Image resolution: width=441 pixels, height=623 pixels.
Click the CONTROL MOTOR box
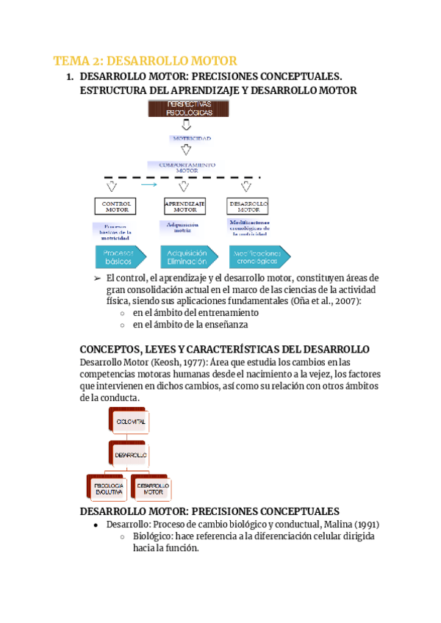[x=115, y=206]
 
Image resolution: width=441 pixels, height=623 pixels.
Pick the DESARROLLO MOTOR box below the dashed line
[x=248, y=206]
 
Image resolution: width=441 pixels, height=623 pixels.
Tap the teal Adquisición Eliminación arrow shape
[x=188, y=256]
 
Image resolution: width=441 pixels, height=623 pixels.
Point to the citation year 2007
[x=346, y=300]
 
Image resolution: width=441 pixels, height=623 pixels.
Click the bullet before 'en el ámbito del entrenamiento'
[x=123, y=313]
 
